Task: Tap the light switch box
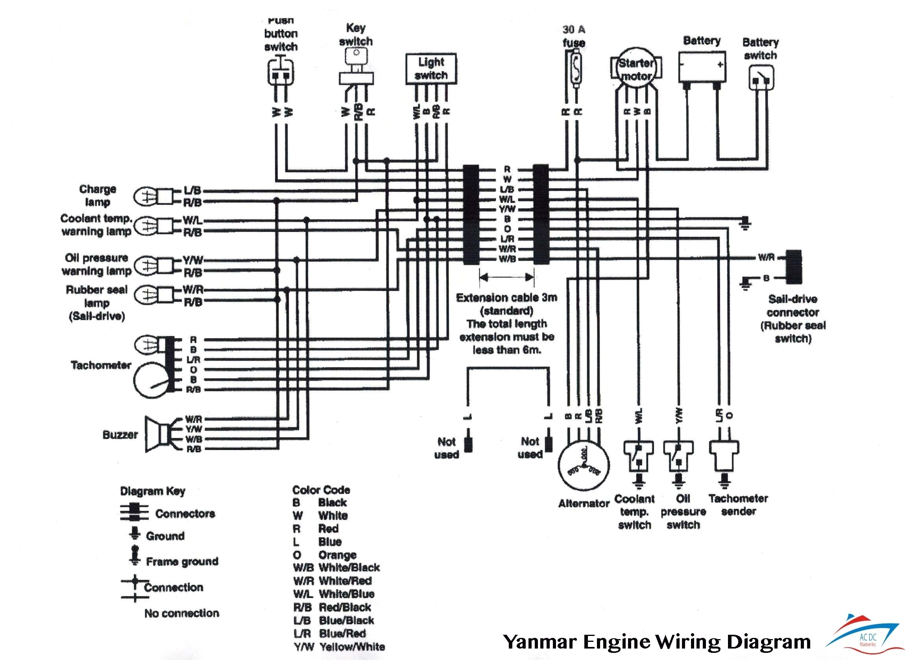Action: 431,69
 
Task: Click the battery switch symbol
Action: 761,78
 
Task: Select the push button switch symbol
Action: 281,73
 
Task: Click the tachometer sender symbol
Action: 724,454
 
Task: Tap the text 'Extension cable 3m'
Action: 506,298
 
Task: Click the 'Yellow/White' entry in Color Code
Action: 351,646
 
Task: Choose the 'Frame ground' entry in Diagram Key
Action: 182,562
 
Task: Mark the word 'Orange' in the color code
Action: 337,554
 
